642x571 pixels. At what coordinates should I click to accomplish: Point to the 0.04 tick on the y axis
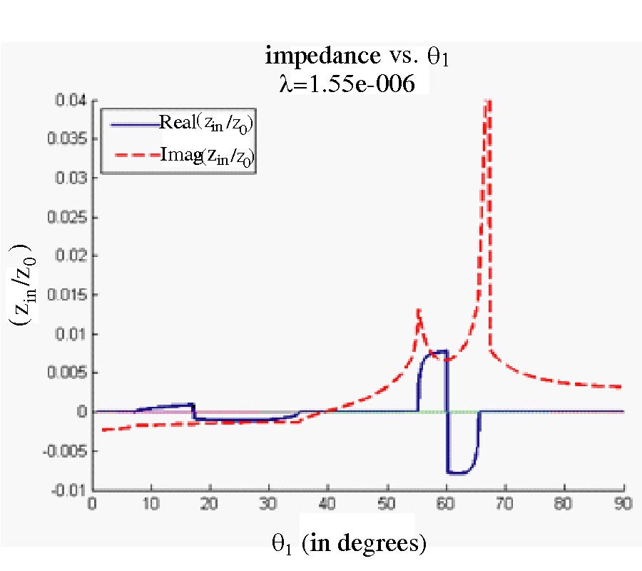(73, 101)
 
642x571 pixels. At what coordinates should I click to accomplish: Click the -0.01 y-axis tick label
(72, 490)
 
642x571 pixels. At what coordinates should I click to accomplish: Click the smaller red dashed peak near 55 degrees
(418, 309)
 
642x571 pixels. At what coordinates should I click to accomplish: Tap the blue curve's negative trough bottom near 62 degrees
(457, 473)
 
